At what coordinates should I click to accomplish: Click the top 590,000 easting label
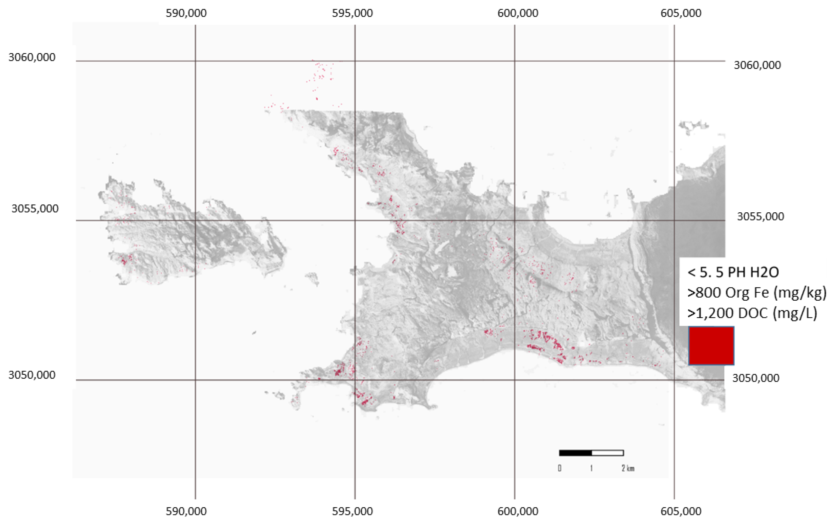(x=186, y=13)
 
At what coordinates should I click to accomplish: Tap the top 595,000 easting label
(x=352, y=13)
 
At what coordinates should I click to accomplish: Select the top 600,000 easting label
(x=518, y=13)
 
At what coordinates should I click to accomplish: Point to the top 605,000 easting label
(x=681, y=13)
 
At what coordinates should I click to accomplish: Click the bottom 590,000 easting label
(x=186, y=511)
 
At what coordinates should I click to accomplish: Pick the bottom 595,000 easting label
(x=352, y=511)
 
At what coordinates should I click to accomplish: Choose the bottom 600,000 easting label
(x=518, y=511)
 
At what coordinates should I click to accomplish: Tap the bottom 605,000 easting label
(x=681, y=511)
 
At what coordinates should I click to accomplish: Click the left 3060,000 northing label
(x=32, y=57)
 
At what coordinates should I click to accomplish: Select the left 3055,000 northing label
(x=35, y=208)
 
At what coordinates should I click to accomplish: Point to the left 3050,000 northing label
(x=32, y=375)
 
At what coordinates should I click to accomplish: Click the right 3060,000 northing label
(x=757, y=65)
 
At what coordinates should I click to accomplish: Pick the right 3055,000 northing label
(x=760, y=216)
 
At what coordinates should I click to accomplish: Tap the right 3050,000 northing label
(x=756, y=378)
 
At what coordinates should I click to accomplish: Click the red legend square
(x=711, y=346)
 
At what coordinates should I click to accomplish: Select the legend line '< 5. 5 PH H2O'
(x=733, y=272)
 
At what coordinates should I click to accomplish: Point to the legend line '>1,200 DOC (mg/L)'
(x=752, y=313)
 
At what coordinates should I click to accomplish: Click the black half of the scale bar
(x=575, y=453)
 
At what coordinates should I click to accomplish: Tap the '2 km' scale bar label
(x=628, y=468)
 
